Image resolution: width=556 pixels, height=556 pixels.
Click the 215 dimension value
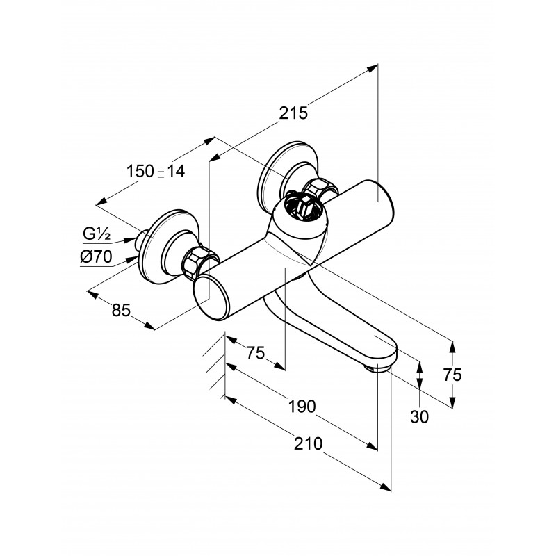point(293,113)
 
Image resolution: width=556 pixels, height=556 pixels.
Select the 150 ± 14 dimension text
point(156,171)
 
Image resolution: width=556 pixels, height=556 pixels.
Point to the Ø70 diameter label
point(96,256)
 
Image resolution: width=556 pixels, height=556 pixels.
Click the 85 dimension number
point(121,310)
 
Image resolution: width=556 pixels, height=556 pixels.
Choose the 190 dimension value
point(302,407)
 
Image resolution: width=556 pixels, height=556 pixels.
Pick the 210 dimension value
point(308,443)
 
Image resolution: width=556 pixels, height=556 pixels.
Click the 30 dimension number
point(420,416)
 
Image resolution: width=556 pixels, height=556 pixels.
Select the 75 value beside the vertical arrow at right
point(452,375)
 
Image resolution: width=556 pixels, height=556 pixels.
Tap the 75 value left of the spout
point(256,353)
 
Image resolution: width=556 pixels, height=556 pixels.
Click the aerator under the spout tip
point(378,370)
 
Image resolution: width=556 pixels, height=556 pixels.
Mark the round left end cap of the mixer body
point(210,297)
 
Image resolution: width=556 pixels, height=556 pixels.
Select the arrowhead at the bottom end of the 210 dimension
point(386,487)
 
